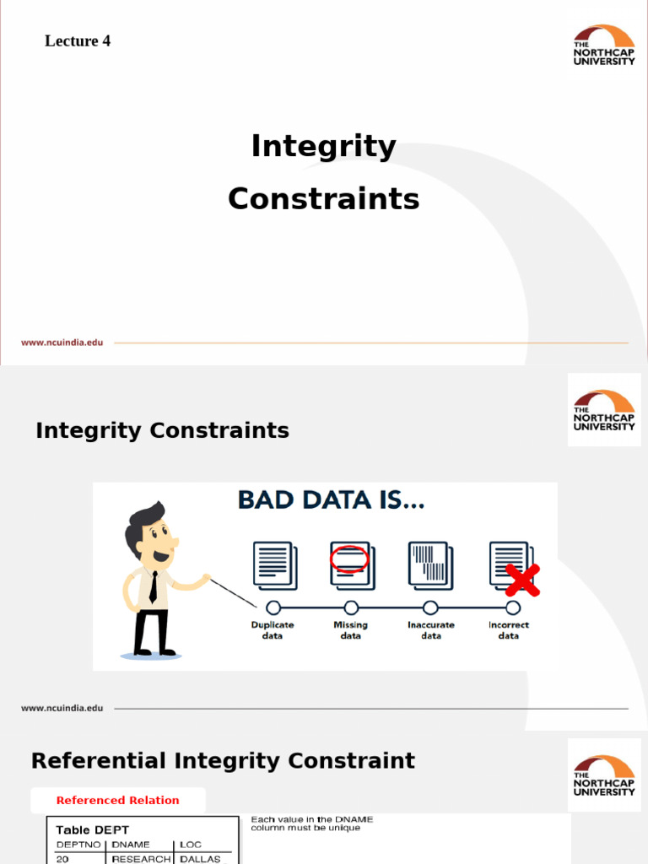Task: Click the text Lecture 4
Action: tap(78, 40)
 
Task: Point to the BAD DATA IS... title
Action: tap(331, 501)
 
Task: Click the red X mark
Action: tap(522, 580)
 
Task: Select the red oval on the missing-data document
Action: tap(349, 559)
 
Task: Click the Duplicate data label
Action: tap(273, 630)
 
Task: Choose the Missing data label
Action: tap(351, 630)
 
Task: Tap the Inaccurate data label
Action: tap(430, 630)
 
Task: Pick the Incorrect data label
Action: tap(509, 630)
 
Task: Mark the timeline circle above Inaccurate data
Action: tap(430, 607)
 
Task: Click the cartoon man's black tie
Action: tap(153, 586)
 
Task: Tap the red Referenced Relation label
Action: tap(118, 801)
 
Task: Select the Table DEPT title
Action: tap(92, 830)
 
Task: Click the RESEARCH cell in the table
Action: tap(141, 859)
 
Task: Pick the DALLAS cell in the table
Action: tap(200, 859)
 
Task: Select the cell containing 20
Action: tap(62, 859)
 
